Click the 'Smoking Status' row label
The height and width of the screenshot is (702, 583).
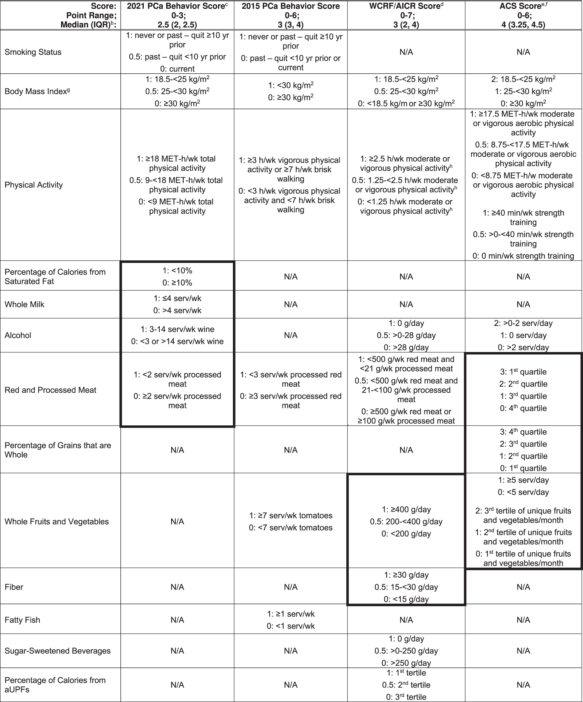pyautogui.click(x=33, y=52)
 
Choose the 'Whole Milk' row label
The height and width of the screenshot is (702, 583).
pyautogui.click(x=24, y=305)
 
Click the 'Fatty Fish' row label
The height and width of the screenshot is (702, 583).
pyautogui.click(x=22, y=620)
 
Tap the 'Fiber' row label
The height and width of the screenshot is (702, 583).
pyautogui.click(x=14, y=587)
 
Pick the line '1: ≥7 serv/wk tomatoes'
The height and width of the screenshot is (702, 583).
pyautogui.click(x=291, y=515)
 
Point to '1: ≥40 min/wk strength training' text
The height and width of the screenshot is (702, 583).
pyautogui.click(x=523, y=218)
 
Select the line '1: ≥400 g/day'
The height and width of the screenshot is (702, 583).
pyautogui.click(x=406, y=510)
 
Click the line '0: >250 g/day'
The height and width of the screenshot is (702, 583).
pyautogui.click(x=406, y=663)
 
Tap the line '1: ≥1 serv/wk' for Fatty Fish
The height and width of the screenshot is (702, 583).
pyautogui.click(x=291, y=614)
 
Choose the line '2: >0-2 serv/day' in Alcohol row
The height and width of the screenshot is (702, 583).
pyautogui.click(x=523, y=323)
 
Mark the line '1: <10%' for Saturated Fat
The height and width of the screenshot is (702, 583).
pyautogui.click(x=177, y=271)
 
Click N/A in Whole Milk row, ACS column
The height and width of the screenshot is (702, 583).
pyautogui.click(x=523, y=305)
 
